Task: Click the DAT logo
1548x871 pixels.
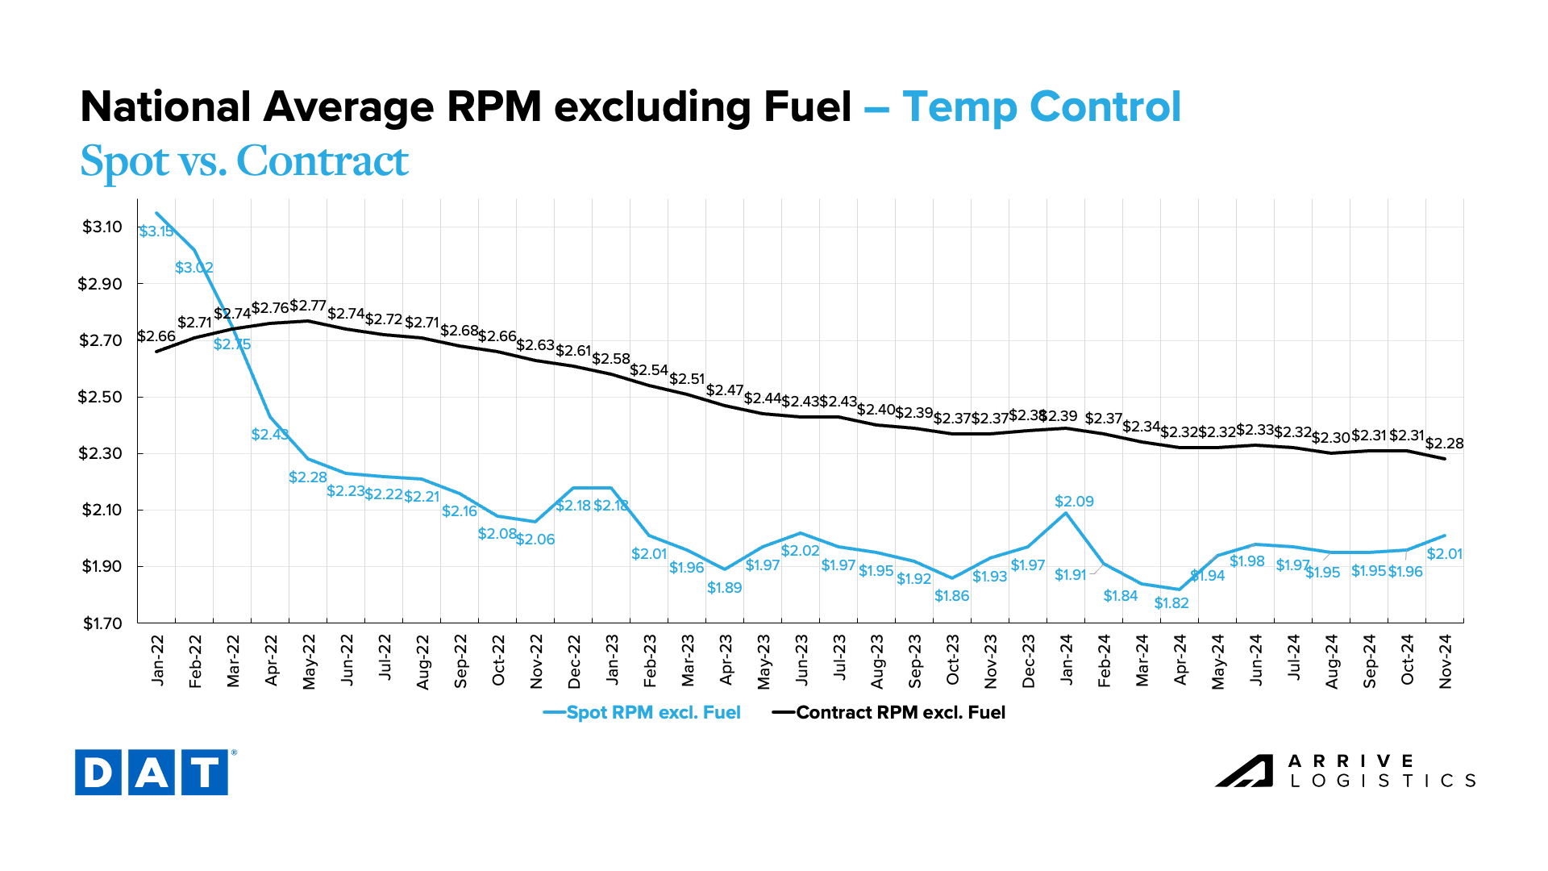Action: click(x=152, y=772)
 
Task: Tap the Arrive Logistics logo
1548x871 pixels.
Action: click(x=1345, y=771)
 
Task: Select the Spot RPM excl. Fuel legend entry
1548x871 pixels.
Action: click(x=643, y=713)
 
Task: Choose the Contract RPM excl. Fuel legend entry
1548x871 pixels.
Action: click(x=889, y=713)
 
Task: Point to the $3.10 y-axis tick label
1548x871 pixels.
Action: click(x=102, y=227)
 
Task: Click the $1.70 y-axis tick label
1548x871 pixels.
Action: click(x=102, y=623)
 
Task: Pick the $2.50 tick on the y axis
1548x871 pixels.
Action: click(x=102, y=397)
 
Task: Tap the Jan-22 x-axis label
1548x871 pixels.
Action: click(x=157, y=661)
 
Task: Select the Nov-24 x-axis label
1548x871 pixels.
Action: click(x=1446, y=661)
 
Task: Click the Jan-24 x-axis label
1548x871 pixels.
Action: click(x=1067, y=661)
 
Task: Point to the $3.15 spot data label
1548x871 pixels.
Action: click(x=156, y=231)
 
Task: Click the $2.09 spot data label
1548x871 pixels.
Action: click(x=1074, y=502)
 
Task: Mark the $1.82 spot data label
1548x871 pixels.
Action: click(x=1171, y=603)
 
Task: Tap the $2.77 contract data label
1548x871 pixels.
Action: click(x=308, y=306)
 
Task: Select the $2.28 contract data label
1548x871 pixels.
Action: click(x=1445, y=444)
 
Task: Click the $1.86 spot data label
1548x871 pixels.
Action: click(x=951, y=596)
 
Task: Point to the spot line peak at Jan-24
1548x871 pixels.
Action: click(x=1067, y=513)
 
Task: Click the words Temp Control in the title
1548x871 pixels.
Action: click(x=1041, y=106)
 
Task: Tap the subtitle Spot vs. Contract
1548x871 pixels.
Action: click(x=244, y=161)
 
